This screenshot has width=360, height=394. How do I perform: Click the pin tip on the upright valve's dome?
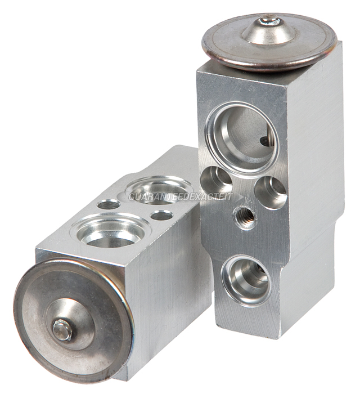[x=269, y=19]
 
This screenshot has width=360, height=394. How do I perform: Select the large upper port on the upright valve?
[x=242, y=140]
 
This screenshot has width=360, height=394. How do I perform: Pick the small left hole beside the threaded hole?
[x=216, y=180]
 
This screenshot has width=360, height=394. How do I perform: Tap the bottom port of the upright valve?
[x=246, y=280]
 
